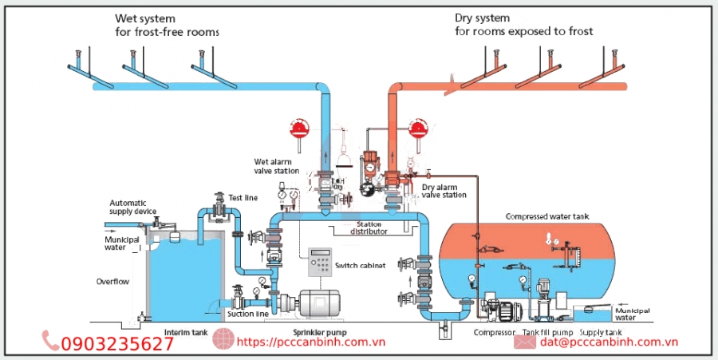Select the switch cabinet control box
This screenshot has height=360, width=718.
[321, 261]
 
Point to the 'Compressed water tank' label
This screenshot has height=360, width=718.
[546, 216]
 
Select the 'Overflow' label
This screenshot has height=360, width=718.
[112, 282]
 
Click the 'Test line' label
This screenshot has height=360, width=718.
[243, 197]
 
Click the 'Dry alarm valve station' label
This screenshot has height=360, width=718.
[444, 190]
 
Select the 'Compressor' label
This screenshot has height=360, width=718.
[495, 332]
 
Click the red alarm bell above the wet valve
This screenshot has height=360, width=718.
[300, 128]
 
